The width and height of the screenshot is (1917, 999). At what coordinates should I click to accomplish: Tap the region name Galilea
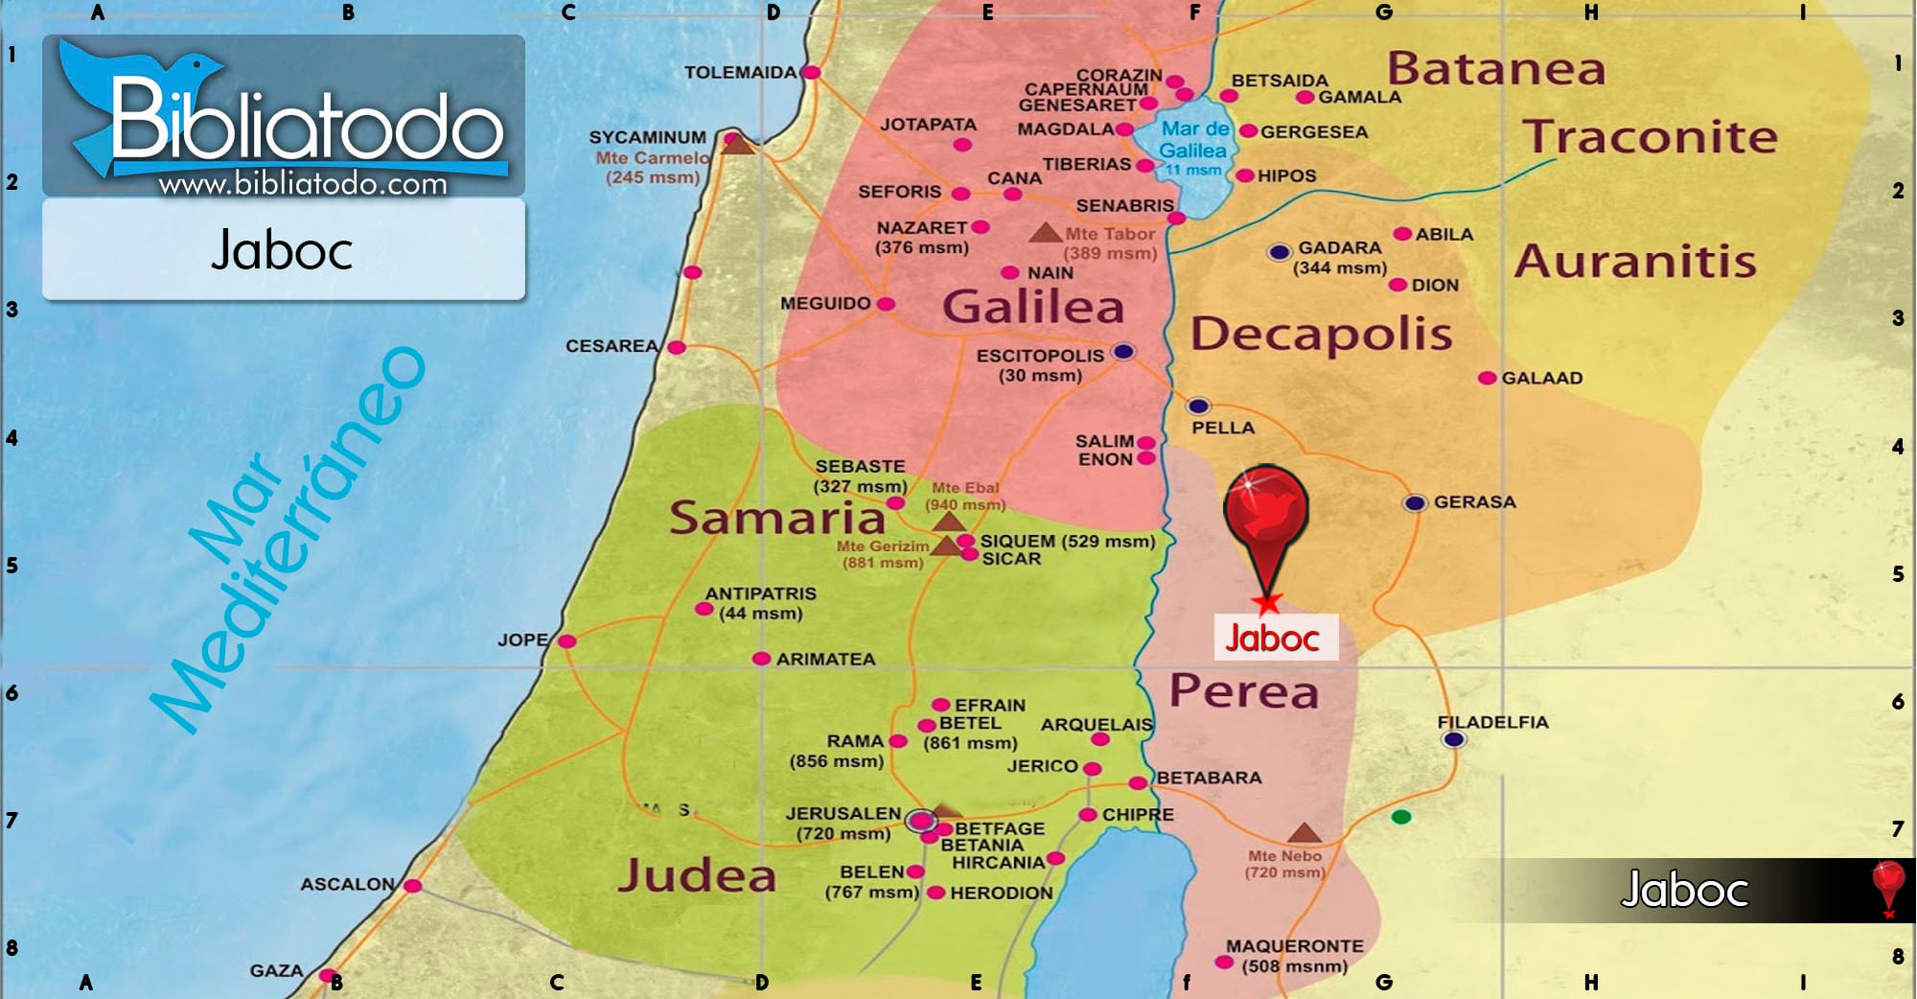(1033, 307)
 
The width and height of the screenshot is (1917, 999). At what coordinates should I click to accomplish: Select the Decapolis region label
(1321, 335)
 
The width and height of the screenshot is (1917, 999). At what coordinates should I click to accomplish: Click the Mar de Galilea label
(1193, 140)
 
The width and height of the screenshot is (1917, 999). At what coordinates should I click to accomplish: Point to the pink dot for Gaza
(327, 976)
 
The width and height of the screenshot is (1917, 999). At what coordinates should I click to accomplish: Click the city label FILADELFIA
(1492, 722)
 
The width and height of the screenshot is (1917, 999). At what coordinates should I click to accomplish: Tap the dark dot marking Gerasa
(1415, 502)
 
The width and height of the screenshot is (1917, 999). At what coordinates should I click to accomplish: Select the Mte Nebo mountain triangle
(1304, 832)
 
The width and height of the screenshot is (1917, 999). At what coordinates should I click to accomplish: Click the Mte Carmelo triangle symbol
(736, 144)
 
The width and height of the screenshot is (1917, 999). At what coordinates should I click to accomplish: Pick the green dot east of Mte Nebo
(1401, 817)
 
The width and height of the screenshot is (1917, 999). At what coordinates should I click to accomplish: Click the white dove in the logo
(144, 96)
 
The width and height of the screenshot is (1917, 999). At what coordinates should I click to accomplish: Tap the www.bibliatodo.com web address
(303, 184)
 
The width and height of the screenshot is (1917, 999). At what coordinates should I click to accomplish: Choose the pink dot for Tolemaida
(811, 72)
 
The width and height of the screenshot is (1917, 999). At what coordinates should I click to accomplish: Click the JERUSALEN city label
(843, 813)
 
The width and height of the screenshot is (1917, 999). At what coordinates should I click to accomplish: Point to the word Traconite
(1650, 137)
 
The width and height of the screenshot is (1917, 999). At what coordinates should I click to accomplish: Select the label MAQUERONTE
(1294, 945)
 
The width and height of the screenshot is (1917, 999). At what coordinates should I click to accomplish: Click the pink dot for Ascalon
(412, 885)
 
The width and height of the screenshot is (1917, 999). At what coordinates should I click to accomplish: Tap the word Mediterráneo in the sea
(288, 542)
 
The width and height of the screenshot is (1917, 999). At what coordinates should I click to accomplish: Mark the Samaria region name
(776, 518)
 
